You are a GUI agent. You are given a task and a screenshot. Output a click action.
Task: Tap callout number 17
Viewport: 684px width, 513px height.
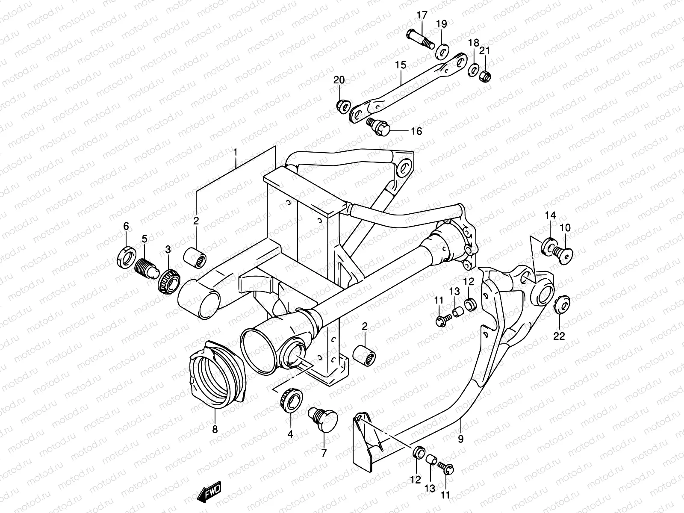pyautogui.click(x=422, y=16)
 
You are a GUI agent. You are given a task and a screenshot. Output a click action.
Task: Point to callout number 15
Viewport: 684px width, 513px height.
pyautogui.click(x=400, y=65)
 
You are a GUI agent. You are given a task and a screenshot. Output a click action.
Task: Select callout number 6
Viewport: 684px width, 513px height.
pyautogui.click(x=126, y=226)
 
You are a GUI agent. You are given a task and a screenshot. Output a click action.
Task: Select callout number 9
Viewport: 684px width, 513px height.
pyautogui.click(x=460, y=439)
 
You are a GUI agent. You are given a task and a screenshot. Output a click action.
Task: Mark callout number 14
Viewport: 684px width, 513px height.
pyautogui.click(x=551, y=215)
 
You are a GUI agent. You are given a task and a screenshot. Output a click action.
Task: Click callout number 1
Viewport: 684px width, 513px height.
pyautogui.click(x=235, y=151)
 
